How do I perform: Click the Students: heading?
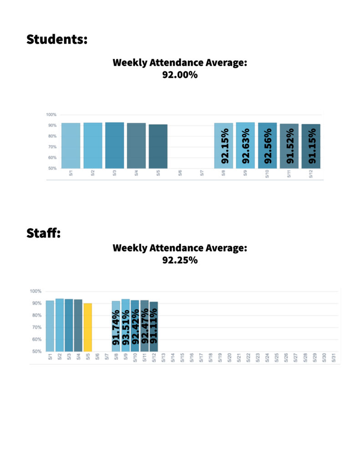(56, 39)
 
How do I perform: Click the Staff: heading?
(44, 234)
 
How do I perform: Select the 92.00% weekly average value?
(180, 75)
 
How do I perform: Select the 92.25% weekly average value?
(180, 260)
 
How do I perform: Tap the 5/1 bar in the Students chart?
(71, 146)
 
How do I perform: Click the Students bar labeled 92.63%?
(245, 145)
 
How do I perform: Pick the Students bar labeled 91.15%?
(311, 146)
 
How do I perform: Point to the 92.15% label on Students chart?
(224, 146)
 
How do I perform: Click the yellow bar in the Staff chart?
(88, 327)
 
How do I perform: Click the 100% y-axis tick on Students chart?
(51, 115)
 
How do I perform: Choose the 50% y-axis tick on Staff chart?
(37, 351)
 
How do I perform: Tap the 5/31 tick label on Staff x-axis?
(334, 358)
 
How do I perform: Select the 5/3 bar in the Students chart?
(114, 145)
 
